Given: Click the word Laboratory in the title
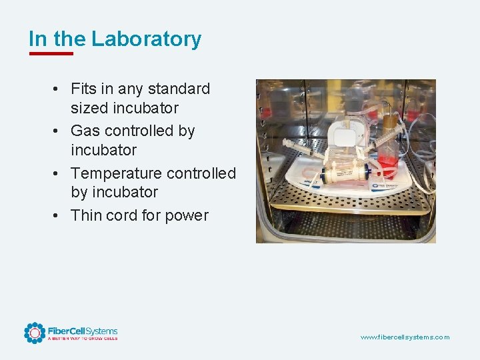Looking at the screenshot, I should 146,39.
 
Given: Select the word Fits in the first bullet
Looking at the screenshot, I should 84,89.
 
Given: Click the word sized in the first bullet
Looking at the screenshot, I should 90,107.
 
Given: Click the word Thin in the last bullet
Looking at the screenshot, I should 87,215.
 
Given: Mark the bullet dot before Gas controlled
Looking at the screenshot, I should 59,131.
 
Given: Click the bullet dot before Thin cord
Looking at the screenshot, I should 59,216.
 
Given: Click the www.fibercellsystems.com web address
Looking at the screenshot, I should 405,337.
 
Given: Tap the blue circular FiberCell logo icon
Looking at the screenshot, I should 34,333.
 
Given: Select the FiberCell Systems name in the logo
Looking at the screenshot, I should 83,331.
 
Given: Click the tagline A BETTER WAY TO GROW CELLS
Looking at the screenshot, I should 82,339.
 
